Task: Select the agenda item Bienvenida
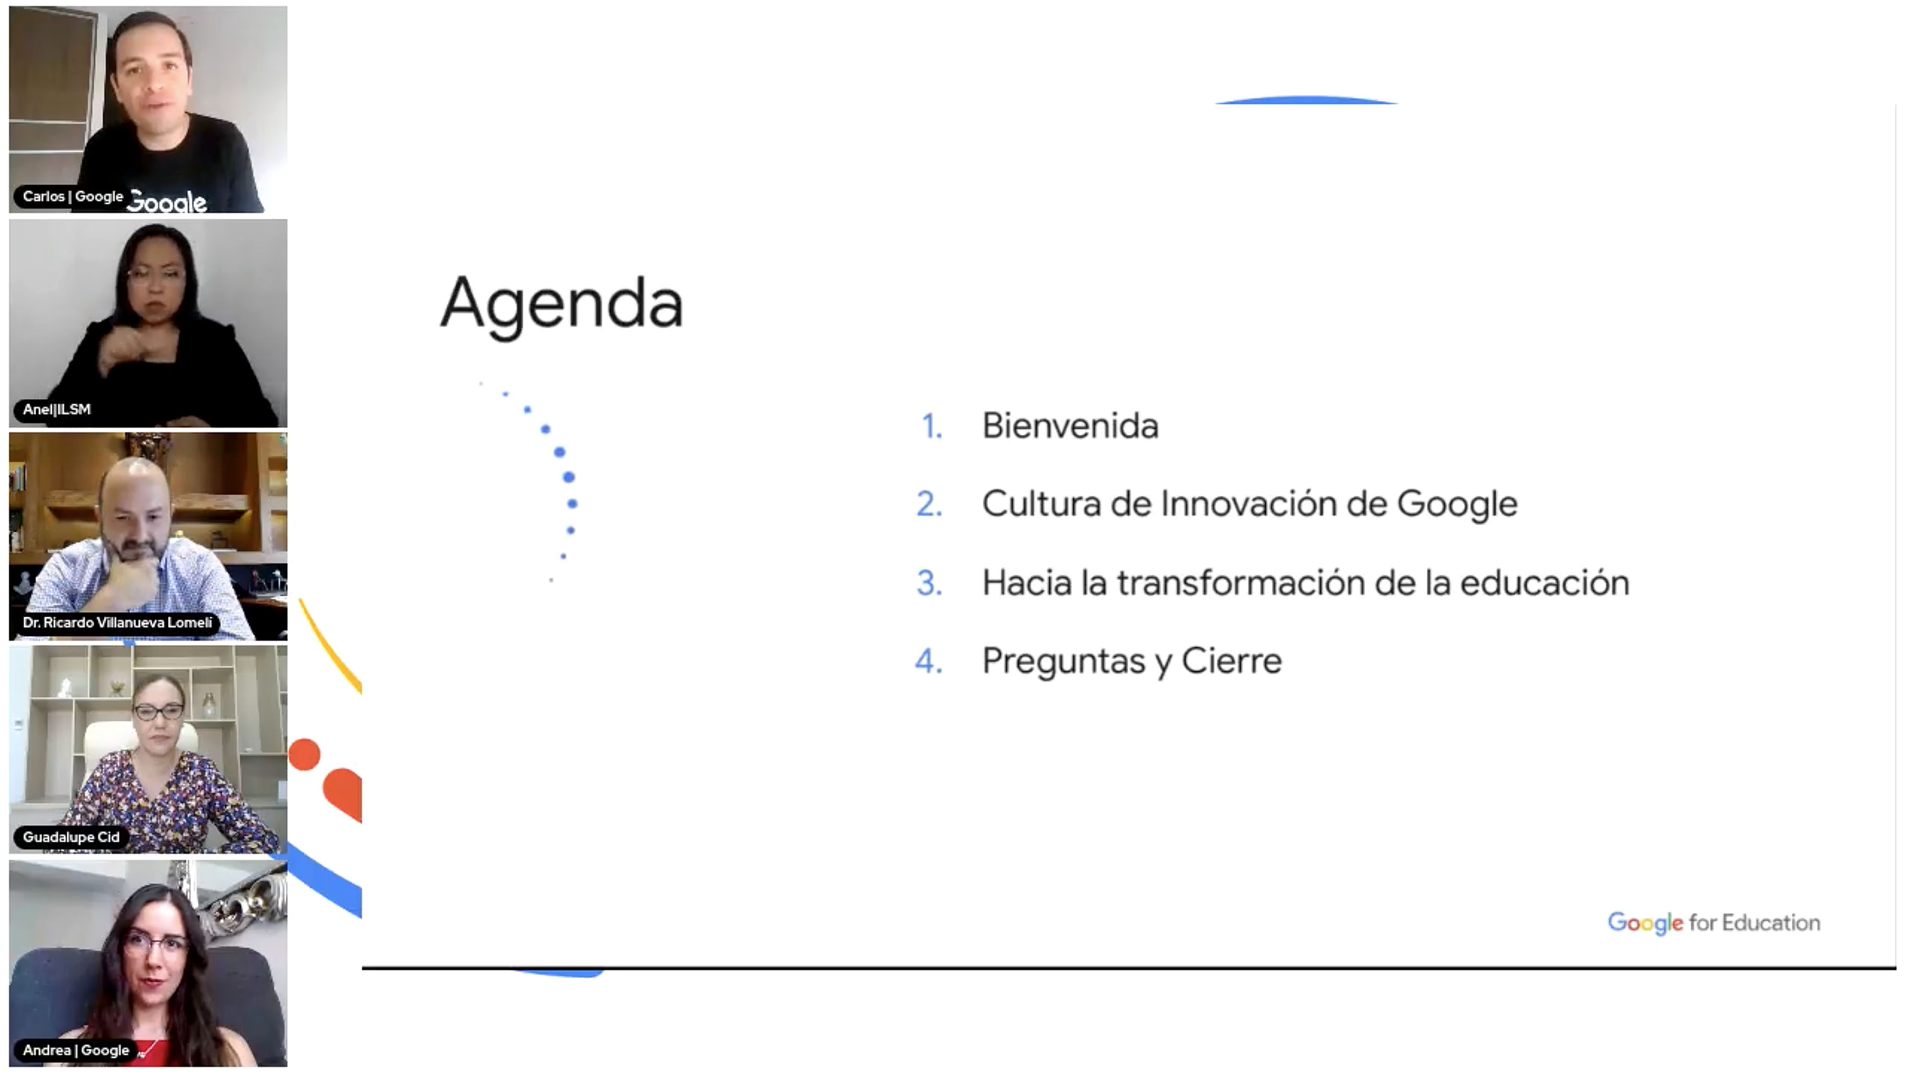(x=1069, y=426)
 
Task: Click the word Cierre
(x=1232, y=661)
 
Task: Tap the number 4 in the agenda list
(x=929, y=661)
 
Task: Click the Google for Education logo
(x=1714, y=923)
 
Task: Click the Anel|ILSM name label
(x=57, y=409)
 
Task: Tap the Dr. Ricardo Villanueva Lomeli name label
(x=117, y=623)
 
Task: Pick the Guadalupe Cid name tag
(x=71, y=837)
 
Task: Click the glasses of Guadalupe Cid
(x=158, y=712)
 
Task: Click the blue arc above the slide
(x=1307, y=100)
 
